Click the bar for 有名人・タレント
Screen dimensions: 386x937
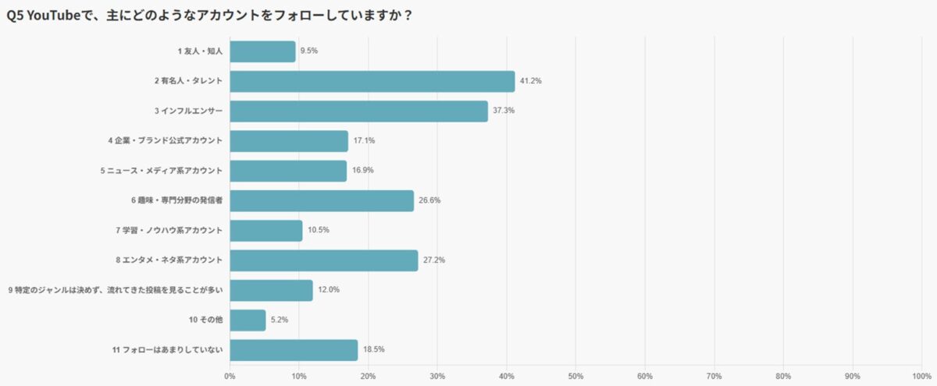(372, 81)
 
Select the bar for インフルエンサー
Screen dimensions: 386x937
(359, 111)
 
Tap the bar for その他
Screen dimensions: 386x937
(248, 320)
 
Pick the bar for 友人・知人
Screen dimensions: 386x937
(263, 51)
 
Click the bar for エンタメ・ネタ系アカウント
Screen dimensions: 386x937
(324, 260)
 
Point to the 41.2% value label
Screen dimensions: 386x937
(531, 81)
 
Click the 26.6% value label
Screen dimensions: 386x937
(430, 200)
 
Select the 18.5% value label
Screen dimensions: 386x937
(374, 350)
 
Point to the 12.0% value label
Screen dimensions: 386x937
(329, 290)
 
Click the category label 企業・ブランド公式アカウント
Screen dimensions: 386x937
(166, 141)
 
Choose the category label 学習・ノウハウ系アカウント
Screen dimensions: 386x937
(169, 231)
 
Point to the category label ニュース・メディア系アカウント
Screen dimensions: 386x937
(162, 171)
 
